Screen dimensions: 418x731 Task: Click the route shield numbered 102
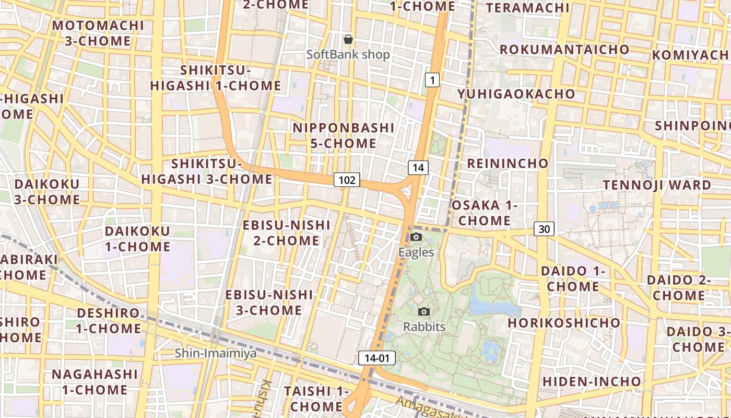click(x=347, y=180)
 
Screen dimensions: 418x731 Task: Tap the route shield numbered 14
click(x=418, y=168)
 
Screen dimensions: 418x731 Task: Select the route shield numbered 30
click(x=544, y=229)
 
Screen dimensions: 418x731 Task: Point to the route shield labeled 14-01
click(x=377, y=358)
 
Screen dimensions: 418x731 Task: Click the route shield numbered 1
click(x=432, y=80)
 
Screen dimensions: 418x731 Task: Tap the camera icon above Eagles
click(x=416, y=237)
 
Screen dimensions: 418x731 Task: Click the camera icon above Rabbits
click(x=424, y=312)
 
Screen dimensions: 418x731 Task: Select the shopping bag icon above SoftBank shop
click(x=348, y=39)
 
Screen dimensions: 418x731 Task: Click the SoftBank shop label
click(x=348, y=54)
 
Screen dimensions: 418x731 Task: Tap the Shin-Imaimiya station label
click(x=216, y=353)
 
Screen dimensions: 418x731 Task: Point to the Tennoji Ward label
click(x=657, y=185)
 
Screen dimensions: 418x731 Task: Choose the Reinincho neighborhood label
click(x=508, y=163)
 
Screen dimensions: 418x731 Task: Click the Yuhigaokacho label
click(x=516, y=94)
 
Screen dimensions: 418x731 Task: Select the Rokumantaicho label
click(x=564, y=49)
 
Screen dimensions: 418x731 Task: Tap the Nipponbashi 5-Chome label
click(x=344, y=135)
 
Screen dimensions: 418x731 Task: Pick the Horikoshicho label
click(x=564, y=322)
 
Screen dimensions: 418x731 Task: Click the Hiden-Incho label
click(x=592, y=381)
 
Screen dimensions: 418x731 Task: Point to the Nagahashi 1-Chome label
click(x=95, y=382)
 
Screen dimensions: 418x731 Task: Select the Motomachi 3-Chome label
click(x=98, y=33)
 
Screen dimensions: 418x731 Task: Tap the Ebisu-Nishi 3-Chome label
click(x=269, y=303)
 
